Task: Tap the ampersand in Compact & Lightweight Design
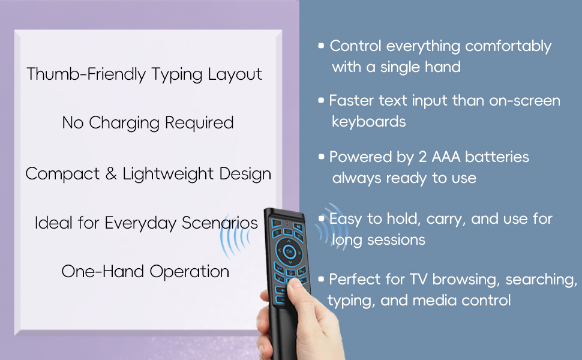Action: tap(110, 174)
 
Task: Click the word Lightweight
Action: tap(163, 174)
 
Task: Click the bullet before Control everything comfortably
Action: tap(322, 46)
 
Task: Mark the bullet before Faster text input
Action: tap(322, 100)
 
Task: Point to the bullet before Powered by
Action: tap(322, 157)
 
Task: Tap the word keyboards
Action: tap(368, 121)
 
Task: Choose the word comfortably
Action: tap(508, 46)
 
